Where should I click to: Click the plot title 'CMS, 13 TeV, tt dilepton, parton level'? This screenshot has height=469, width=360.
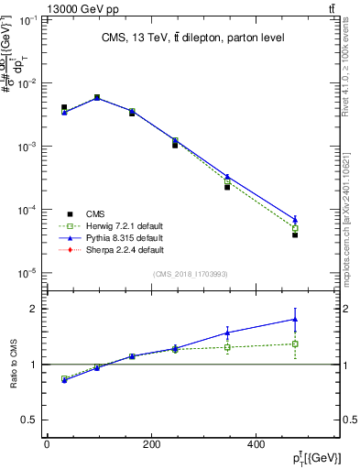pyautogui.click(x=191, y=38)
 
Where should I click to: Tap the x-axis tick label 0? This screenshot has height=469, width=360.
pyautogui.click(x=46, y=444)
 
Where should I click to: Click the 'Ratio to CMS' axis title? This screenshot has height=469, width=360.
pyautogui.click(x=14, y=364)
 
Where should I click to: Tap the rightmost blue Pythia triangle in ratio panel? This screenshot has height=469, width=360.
pyautogui.click(x=295, y=320)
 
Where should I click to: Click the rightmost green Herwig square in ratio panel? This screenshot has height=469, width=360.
pyautogui.click(x=295, y=344)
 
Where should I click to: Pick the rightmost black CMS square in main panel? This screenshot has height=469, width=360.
pyautogui.click(x=295, y=235)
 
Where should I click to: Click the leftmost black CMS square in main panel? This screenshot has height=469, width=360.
pyautogui.click(x=64, y=108)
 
